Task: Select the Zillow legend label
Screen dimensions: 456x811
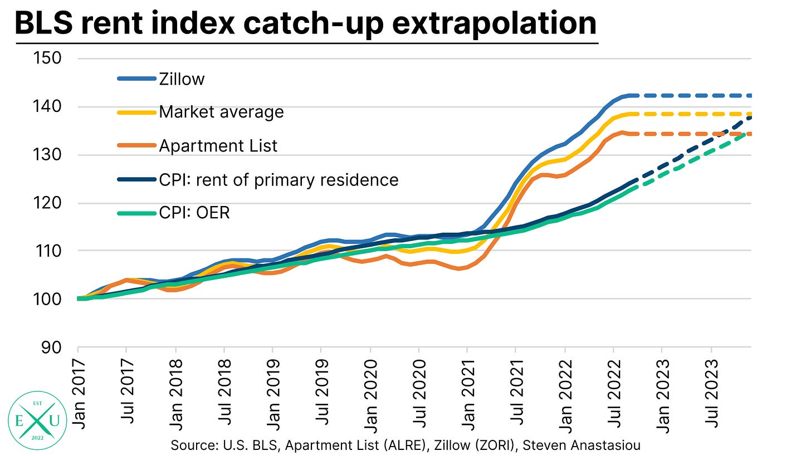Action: pyautogui.click(x=182, y=79)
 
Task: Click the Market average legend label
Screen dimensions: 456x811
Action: pyautogui.click(x=221, y=112)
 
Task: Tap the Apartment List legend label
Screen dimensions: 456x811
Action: pyautogui.click(x=218, y=146)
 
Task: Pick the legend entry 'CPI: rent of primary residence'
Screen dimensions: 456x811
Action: pyautogui.click(x=279, y=180)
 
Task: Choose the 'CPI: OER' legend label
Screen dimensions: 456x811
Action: pyautogui.click(x=194, y=212)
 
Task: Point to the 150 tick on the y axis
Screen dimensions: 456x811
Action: pyautogui.click(x=50, y=58)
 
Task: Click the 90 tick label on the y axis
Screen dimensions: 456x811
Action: pyautogui.click(x=55, y=347)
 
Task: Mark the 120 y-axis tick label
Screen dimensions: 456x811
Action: pyautogui.click(x=50, y=203)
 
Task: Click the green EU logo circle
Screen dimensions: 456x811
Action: pyautogui.click(x=33, y=416)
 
